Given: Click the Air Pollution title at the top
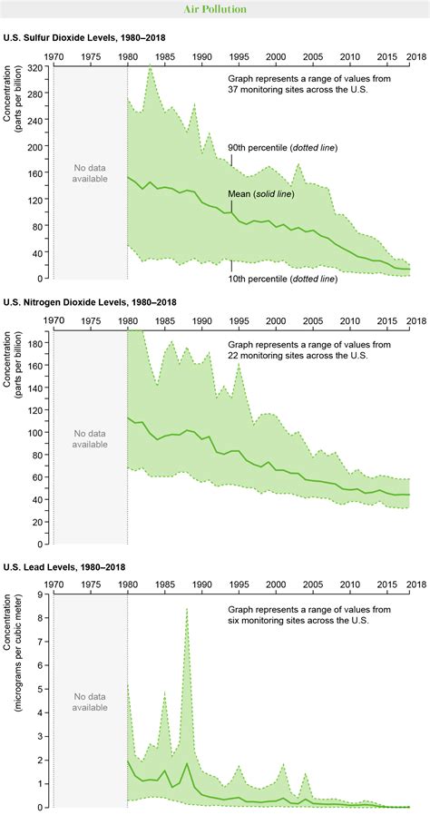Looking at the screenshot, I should pos(215,9).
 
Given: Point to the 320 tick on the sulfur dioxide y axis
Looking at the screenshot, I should pos(37,68).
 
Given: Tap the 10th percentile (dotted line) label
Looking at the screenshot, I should pos(282,279).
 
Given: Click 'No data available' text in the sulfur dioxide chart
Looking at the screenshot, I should pos(90,172).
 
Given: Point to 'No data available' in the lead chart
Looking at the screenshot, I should pos(90,702).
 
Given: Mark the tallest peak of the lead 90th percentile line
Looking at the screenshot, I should pos(187,609).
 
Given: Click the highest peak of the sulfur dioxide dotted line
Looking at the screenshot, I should pos(150,67).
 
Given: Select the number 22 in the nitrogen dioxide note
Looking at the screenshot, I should pos(234,358).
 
